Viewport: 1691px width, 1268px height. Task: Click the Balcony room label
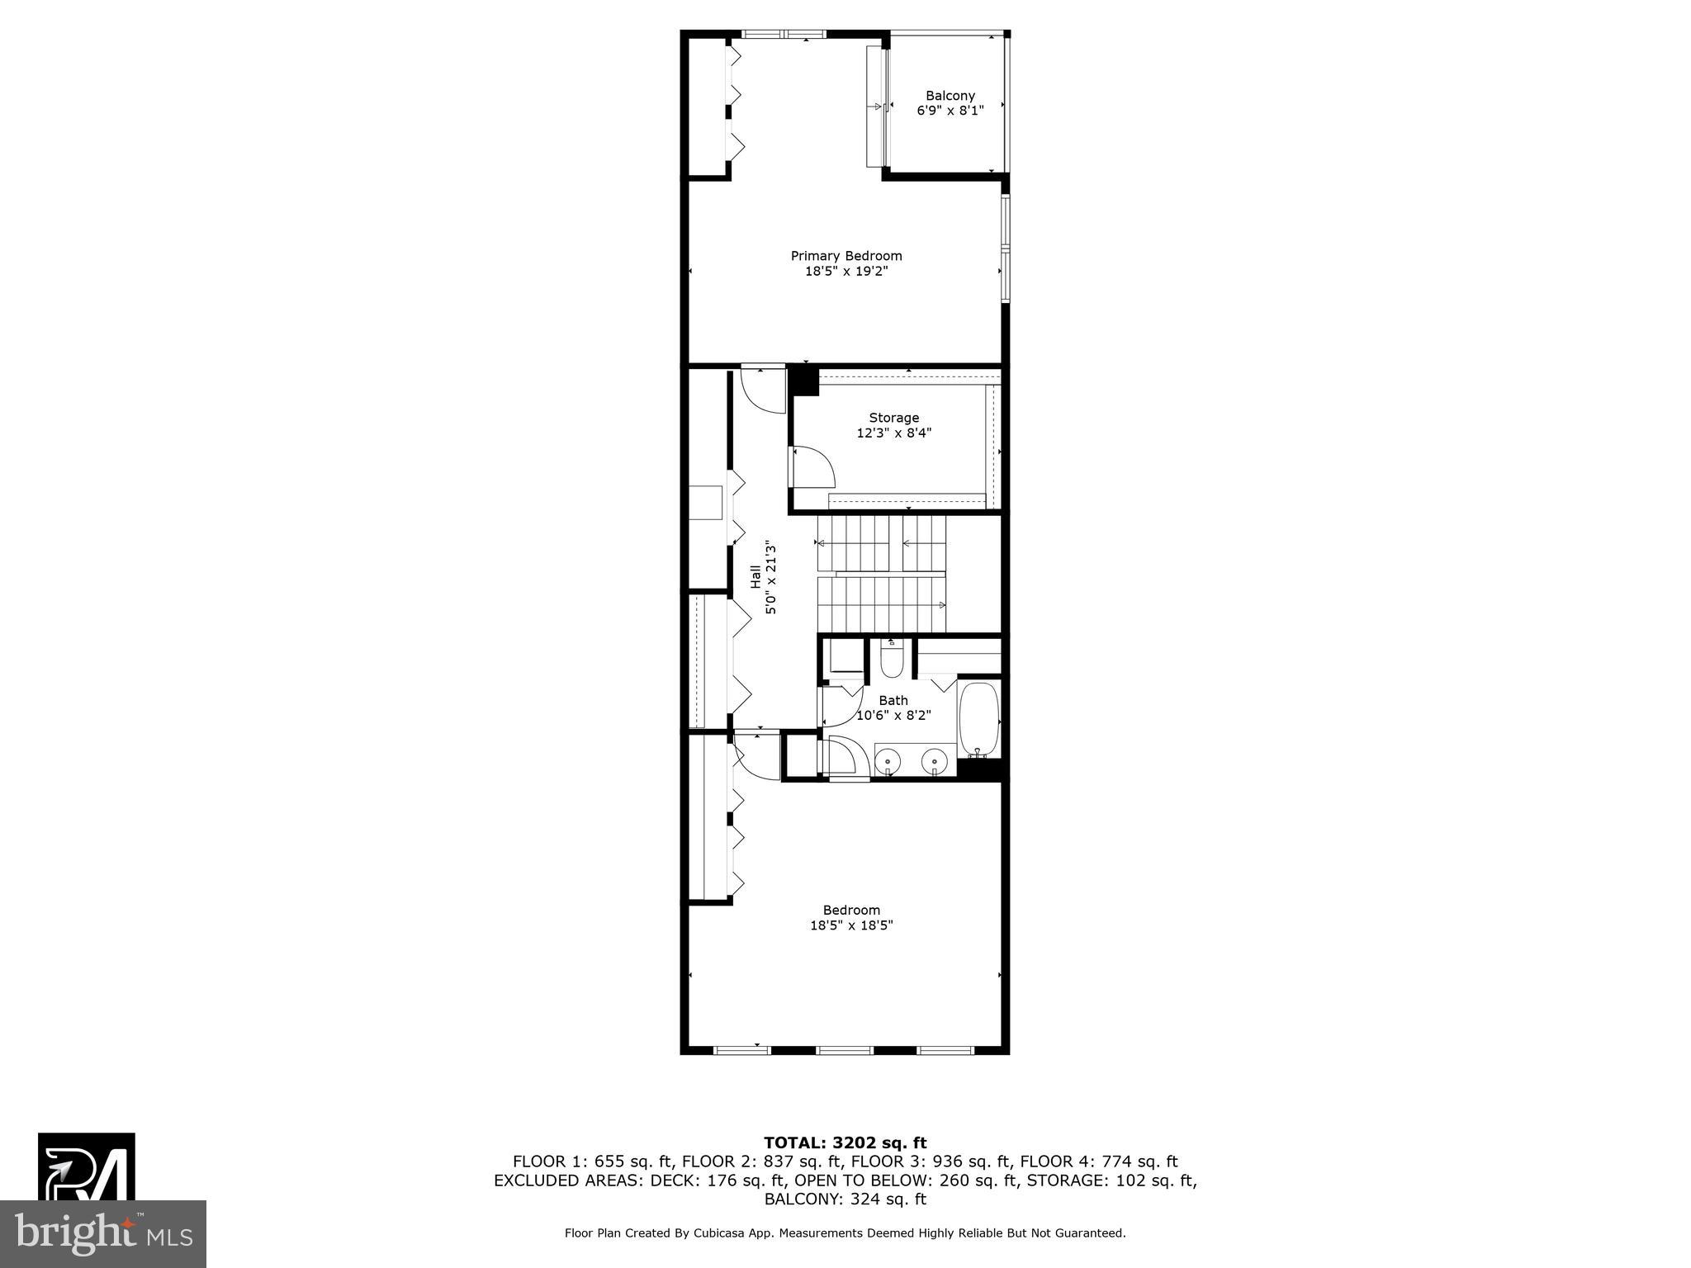(x=950, y=96)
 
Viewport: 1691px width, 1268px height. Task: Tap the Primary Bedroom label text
(x=846, y=256)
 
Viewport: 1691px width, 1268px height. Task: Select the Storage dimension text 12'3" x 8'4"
(x=893, y=433)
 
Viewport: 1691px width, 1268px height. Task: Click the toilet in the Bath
(x=892, y=660)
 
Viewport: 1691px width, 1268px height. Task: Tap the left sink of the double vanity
(x=888, y=758)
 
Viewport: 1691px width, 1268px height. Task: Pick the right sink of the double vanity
(x=934, y=758)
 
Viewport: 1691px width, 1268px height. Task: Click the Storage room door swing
(x=812, y=466)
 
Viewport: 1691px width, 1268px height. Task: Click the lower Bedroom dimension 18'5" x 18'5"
(x=851, y=925)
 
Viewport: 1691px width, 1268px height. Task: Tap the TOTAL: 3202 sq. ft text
(x=845, y=1143)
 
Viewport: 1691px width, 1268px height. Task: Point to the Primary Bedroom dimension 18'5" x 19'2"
(x=846, y=271)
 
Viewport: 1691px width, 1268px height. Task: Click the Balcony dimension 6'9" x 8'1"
(x=950, y=111)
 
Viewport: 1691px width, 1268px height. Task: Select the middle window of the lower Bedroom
(x=844, y=1050)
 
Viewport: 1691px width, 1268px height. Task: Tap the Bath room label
(x=893, y=700)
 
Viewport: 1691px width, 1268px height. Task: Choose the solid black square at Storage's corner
(x=803, y=381)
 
